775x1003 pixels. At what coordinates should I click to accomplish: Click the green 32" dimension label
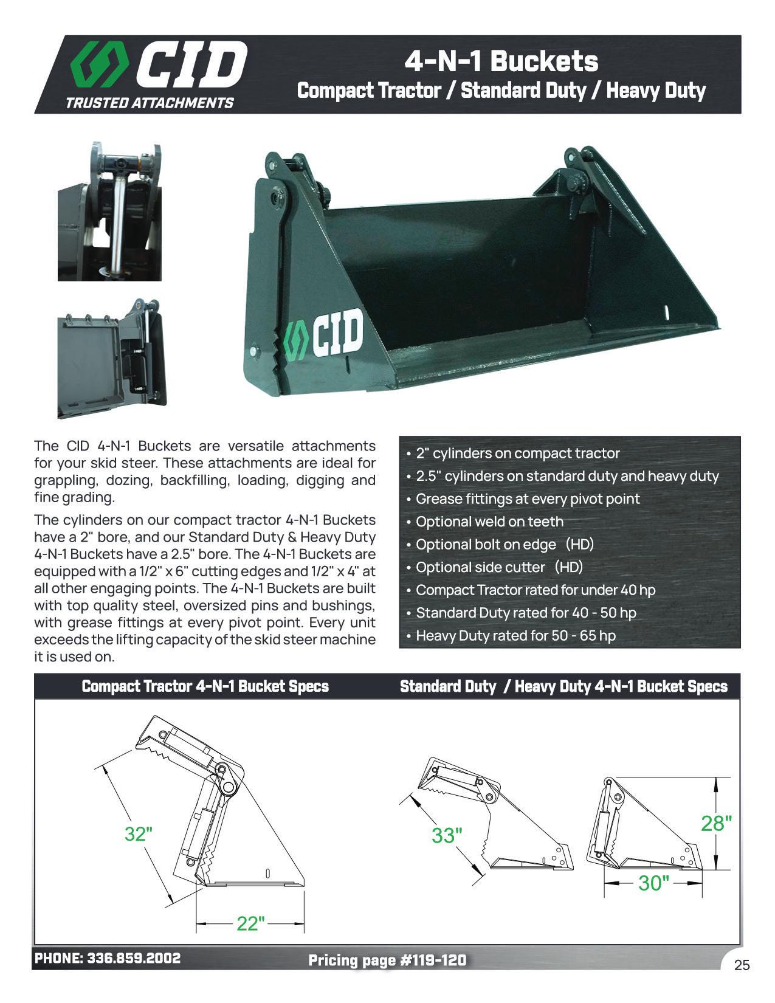pos(138,833)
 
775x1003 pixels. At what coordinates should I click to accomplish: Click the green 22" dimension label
pos(250,923)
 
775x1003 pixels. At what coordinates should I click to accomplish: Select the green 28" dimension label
pos(716,823)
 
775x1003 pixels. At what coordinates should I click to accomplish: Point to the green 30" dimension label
pos(653,883)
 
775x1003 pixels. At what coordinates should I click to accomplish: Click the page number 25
pos(742,965)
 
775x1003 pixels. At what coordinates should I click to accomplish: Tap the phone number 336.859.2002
pos(134,959)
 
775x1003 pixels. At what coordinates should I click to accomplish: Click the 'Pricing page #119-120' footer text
pos(387,960)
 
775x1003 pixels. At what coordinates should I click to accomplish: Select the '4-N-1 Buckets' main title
pos(501,61)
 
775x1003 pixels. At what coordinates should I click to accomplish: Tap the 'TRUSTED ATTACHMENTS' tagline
pos(149,103)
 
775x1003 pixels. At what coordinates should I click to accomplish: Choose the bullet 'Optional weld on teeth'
pos(489,522)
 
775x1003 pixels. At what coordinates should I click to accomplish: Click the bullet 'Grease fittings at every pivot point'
pos(528,499)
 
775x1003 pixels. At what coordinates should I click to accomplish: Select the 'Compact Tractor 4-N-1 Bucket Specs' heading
pos(205,686)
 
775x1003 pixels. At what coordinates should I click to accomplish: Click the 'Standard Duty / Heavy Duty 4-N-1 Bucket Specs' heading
pos(563,686)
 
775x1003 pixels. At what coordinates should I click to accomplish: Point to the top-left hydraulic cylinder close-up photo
pos(109,211)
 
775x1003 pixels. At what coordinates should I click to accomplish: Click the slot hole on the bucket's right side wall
pos(667,311)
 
